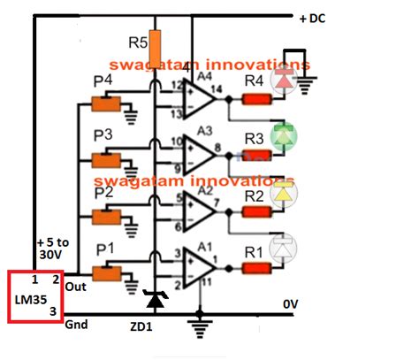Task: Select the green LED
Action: (284, 137)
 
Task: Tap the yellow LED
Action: (284, 192)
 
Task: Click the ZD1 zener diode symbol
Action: (156, 302)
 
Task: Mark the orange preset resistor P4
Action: (107, 104)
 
